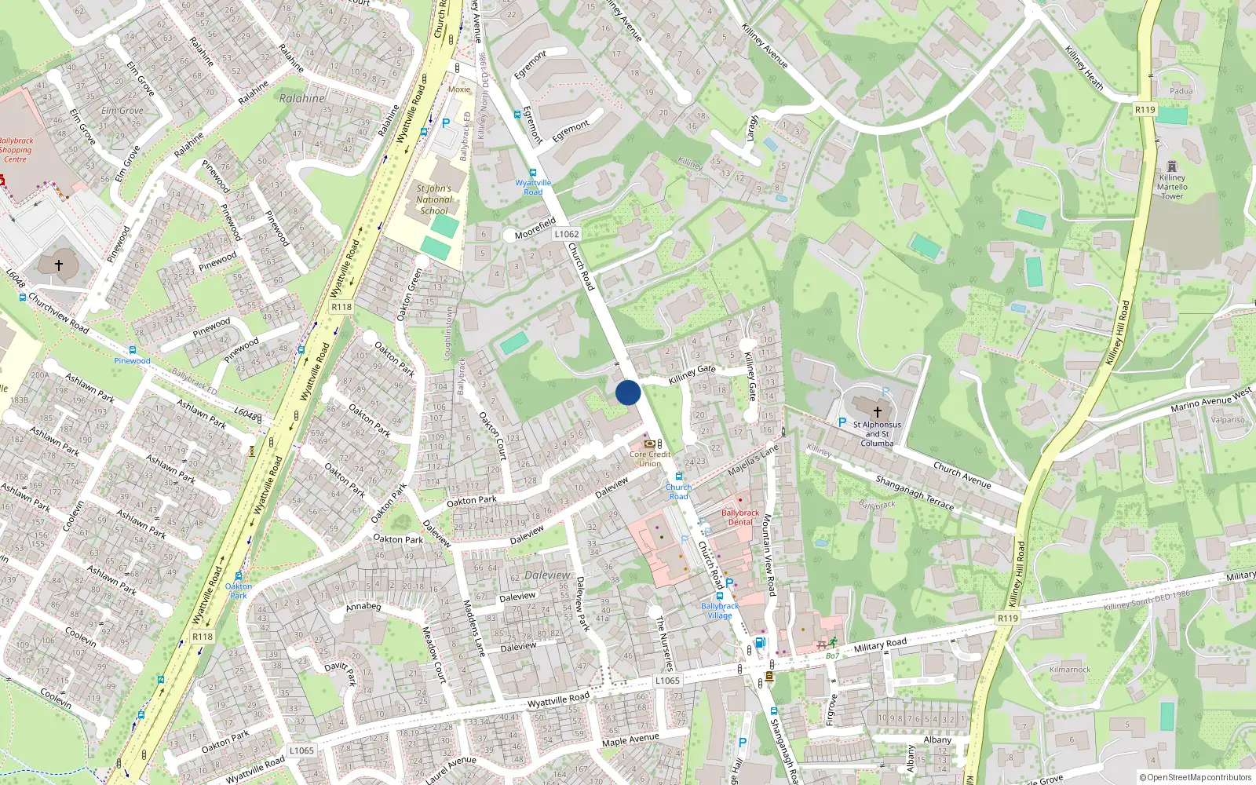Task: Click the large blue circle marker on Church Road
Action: pyautogui.click(x=628, y=392)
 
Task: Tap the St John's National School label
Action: pyautogui.click(x=434, y=199)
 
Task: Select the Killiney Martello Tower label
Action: pyautogui.click(x=1172, y=187)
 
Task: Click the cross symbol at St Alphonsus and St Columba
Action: pyautogui.click(x=878, y=411)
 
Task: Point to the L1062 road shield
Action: pyautogui.click(x=567, y=234)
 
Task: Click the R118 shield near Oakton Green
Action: pyautogui.click(x=341, y=307)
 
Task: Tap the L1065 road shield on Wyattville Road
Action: pyautogui.click(x=667, y=681)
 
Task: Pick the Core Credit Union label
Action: pyautogui.click(x=650, y=458)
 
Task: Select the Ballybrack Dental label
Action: pyautogui.click(x=740, y=517)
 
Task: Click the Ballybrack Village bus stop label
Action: pyautogui.click(x=720, y=611)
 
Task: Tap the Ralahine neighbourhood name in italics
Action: pyautogui.click(x=302, y=99)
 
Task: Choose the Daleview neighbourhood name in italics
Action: pyautogui.click(x=548, y=575)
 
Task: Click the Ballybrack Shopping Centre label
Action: pyautogui.click(x=16, y=150)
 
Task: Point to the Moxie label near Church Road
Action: pyautogui.click(x=459, y=89)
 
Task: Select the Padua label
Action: pyautogui.click(x=1181, y=91)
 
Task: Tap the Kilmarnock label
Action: pyautogui.click(x=1070, y=670)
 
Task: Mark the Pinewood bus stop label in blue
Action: pyautogui.click(x=132, y=361)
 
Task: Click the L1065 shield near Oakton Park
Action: pyautogui.click(x=301, y=750)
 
